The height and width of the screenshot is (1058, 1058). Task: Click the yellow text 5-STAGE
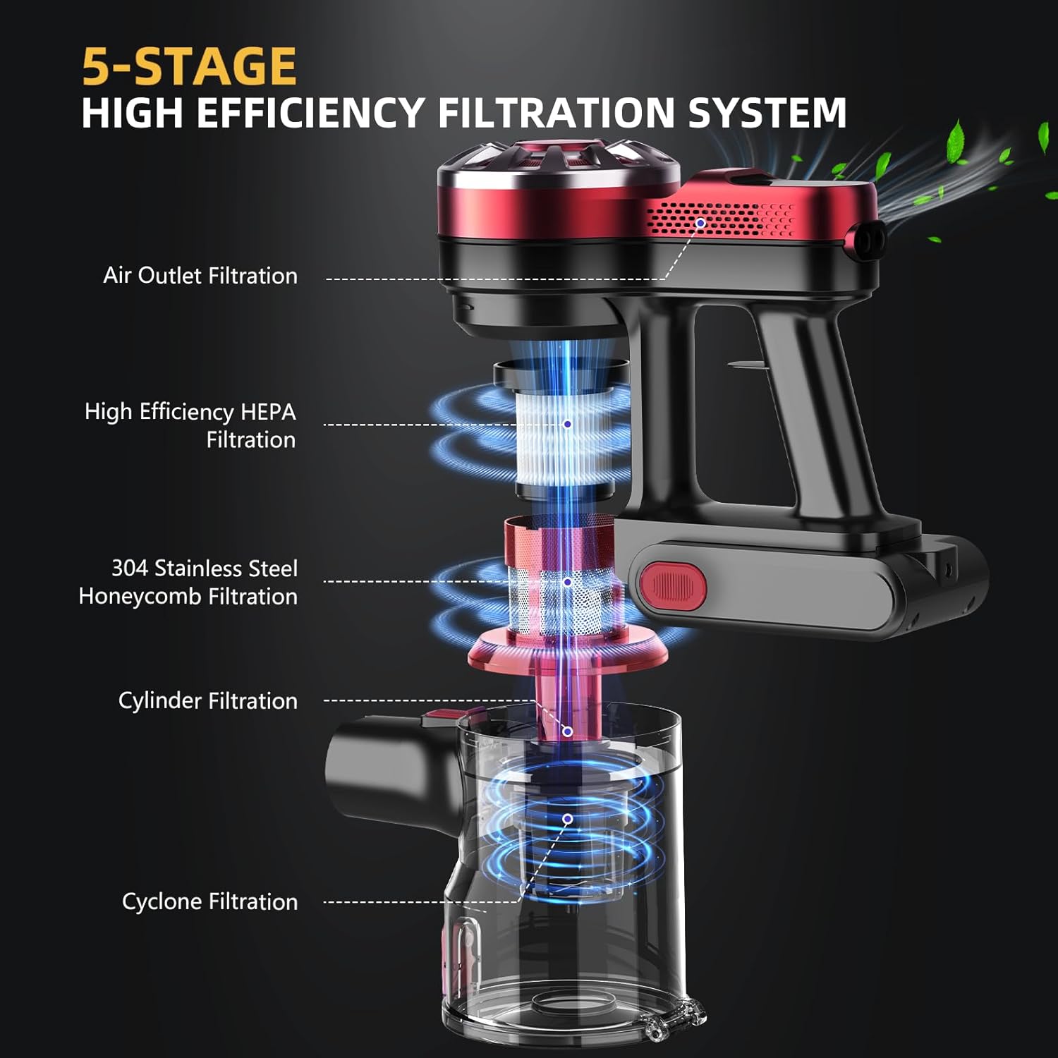click(189, 66)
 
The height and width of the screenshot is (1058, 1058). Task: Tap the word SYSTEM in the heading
click(767, 113)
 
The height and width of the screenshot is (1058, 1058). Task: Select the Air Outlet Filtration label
click(200, 275)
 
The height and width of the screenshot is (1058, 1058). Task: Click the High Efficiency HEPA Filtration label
click(190, 425)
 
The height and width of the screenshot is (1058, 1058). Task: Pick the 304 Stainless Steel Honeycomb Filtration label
click(188, 582)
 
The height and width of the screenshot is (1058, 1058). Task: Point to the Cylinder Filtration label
click(208, 700)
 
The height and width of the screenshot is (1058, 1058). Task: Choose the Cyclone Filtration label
click(210, 901)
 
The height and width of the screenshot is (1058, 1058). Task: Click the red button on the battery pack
click(673, 585)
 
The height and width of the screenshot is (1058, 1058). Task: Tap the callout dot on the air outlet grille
click(700, 223)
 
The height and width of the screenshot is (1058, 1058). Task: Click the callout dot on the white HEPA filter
click(567, 424)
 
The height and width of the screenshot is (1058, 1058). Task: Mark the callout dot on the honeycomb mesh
click(567, 582)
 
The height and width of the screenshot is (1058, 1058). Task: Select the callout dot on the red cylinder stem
click(567, 731)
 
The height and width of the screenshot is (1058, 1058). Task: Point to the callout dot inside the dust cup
click(567, 819)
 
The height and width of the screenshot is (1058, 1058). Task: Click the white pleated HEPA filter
click(564, 437)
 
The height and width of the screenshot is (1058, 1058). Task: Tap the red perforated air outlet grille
click(721, 219)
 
